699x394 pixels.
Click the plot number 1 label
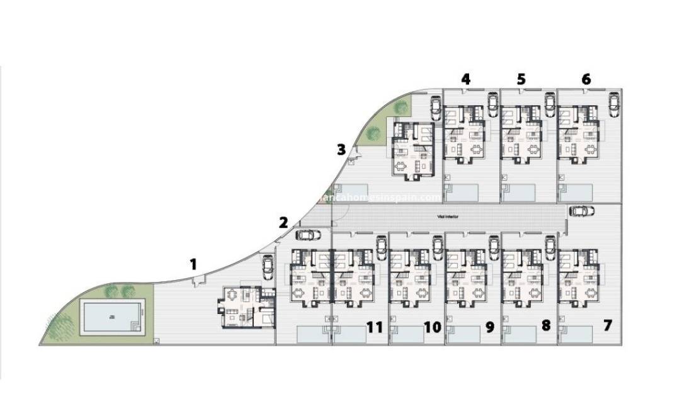point(193,264)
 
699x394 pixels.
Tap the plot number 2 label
point(283,222)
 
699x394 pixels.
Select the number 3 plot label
point(341,150)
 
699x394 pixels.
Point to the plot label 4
point(465,79)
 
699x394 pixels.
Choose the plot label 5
point(521,79)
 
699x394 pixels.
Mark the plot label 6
point(586,79)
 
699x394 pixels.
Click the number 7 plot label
point(607,326)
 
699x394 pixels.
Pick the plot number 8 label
point(546,326)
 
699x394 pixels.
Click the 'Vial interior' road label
point(448,217)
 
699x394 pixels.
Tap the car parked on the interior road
point(581,211)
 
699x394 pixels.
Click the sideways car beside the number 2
point(307,235)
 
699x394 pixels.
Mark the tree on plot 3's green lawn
point(373,133)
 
